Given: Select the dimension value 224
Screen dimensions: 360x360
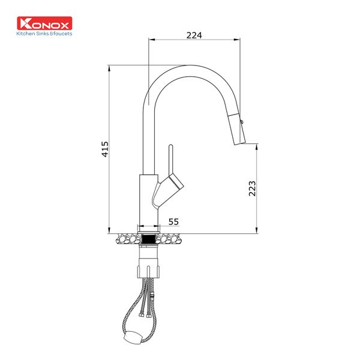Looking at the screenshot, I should coord(194,35).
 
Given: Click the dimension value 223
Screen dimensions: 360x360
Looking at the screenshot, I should coord(252,188).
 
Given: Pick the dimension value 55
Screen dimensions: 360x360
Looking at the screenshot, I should coord(173,222).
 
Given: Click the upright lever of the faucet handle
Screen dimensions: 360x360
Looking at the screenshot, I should coord(170,161).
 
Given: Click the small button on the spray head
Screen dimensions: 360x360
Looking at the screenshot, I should coord(242,122).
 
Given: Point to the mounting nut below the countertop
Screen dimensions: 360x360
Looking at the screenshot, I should coord(149,258).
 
